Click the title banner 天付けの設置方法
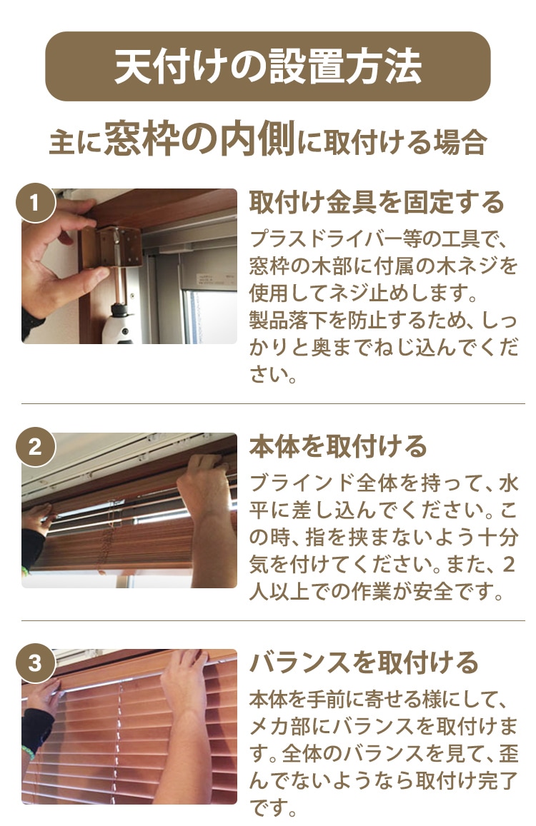pos(268,66)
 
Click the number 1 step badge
pos(35,203)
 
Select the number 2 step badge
pos(35,447)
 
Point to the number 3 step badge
pos(35,663)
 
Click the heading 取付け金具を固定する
pos(377,203)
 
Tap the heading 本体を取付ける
pos(338,446)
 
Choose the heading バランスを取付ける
pos(364,663)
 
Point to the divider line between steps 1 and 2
pos(273,403)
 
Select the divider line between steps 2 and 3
pos(273,620)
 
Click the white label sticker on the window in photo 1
pos(216,281)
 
